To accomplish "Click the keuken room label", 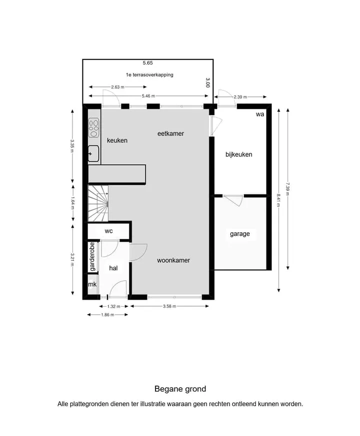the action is tap(117, 140).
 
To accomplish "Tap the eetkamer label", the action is tap(170, 133).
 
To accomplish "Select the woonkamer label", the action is tap(173, 260).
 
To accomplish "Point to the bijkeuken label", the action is tap(239, 154).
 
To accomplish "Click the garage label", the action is tap(239, 234).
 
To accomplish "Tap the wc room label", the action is tap(108, 231).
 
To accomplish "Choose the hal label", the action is tap(113, 268).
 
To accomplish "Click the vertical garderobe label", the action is tap(92, 257).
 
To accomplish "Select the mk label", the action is tap(92, 284).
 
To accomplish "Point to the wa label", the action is tap(260, 114).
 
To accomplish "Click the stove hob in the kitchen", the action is tap(94, 128).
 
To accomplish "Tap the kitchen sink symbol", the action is tap(93, 153).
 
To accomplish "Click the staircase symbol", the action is tap(98, 203).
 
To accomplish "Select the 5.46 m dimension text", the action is tap(148, 96).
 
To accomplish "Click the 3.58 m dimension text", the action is tap(169, 307).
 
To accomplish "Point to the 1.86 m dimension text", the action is tap(107, 315).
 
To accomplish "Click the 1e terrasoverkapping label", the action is tap(149, 75).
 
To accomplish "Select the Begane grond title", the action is tap(180, 389).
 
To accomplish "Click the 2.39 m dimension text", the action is tap(240, 97).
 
